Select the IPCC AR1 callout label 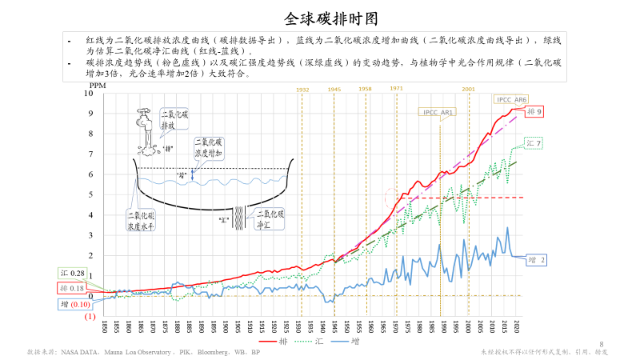tap(436, 113)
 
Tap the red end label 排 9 tap(535, 112)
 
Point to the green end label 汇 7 tap(534, 143)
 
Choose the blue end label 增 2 tap(537, 260)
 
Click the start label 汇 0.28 tap(71, 274)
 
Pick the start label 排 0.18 tap(71, 288)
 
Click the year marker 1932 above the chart tap(303, 90)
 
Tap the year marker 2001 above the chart tap(469, 89)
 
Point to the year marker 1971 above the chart tap(397, 88)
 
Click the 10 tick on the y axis tap(89, 94)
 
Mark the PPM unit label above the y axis tap(97, 84)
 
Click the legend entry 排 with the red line tap(270, 342)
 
